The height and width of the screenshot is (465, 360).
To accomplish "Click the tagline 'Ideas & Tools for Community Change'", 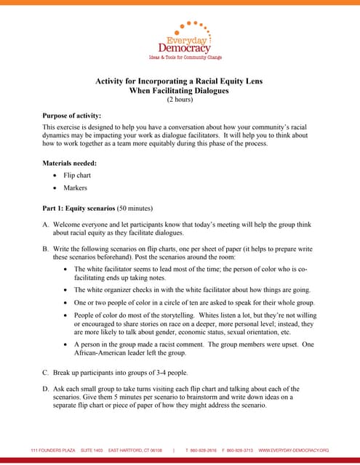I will [185, 57].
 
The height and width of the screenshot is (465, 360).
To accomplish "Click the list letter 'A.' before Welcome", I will [46, 225].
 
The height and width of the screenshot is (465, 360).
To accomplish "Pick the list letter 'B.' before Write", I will [46, 249].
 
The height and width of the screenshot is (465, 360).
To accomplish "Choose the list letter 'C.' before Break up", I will [46, 371].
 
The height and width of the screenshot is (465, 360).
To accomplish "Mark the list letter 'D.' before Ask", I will [46, 389].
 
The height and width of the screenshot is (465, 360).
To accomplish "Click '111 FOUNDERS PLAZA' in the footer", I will [52, 450].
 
